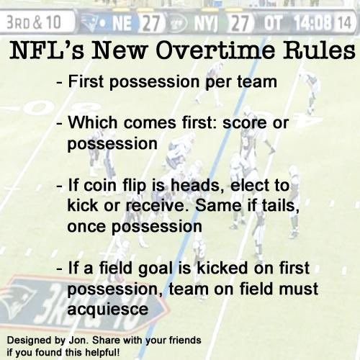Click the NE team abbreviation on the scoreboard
tap(123, 22)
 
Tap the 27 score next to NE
tap(150, 22)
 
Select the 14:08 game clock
tap(313, 22)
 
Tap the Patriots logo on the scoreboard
tap(95, 22)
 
